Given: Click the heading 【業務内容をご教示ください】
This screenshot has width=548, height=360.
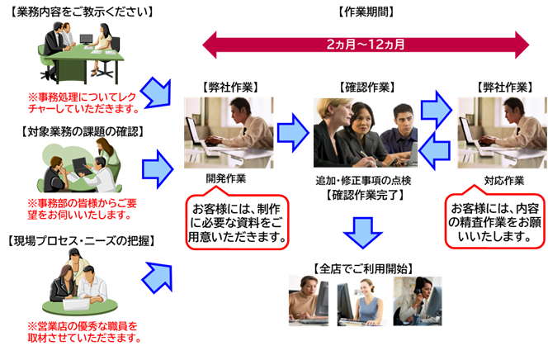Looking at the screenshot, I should click(x=73, y=11).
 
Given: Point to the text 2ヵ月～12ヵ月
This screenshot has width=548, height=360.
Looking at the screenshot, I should click(x=366, y=44).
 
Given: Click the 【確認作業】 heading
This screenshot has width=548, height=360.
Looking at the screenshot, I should click(x=366, y=86).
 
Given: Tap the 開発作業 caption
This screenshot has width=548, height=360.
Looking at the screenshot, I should click(x=226, y=178).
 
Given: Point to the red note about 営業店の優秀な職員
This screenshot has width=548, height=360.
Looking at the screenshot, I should click(x=83, y=331).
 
